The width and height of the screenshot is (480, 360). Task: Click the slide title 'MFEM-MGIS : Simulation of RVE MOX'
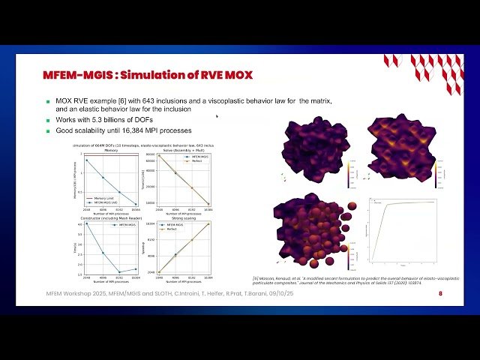pos(146,74)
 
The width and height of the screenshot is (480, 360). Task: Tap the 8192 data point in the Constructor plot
pos(119,272)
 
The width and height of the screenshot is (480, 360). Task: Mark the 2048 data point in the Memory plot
pos(87,160)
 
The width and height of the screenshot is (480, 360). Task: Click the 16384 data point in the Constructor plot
pos(135,269)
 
